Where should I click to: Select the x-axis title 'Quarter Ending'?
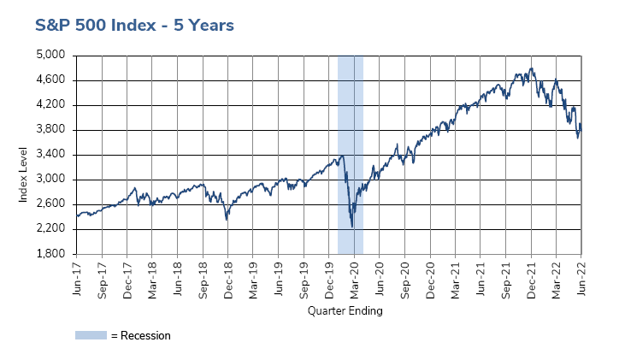click(345, 311)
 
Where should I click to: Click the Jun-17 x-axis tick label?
click(77, 279)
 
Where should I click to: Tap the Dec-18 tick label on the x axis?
click(228, 279)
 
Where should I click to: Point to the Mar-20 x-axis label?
click(355, 279)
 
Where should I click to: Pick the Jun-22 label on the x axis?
click(581, 279)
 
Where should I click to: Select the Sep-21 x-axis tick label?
click(506, 279)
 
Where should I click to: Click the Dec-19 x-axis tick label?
click(329, 279)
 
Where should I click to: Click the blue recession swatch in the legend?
click(91, 335)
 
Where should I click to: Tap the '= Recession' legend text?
click(140, 335)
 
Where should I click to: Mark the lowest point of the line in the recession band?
click(352, 227)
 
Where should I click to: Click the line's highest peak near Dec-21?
click(532, 68)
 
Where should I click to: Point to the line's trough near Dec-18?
click(227, 220)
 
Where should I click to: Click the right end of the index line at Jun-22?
click(581, 129)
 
